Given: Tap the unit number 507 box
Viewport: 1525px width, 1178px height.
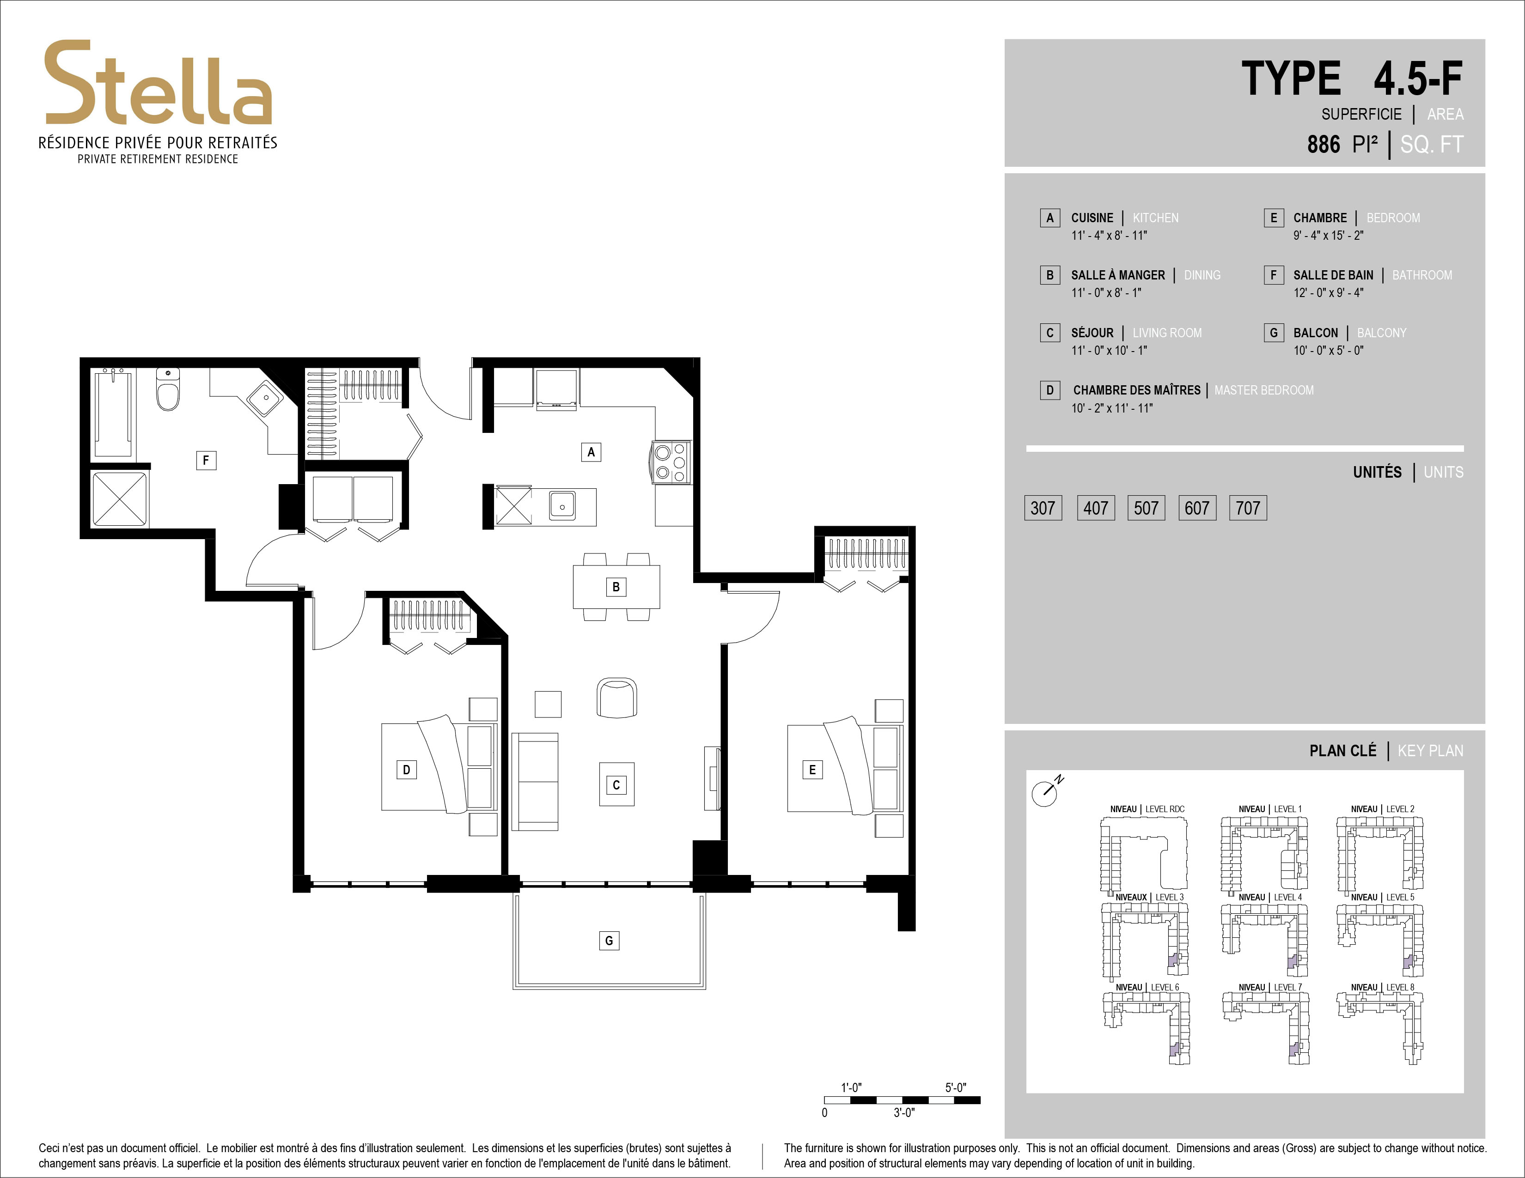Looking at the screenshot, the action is coord(1146,508).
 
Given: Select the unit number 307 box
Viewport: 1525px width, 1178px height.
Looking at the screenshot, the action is coord(1043,508).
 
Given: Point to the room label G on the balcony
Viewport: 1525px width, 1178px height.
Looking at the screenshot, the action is coord(609,941).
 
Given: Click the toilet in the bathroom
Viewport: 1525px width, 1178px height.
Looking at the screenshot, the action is coord(168,389).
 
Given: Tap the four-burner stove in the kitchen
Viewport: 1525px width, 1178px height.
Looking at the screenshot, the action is coord(671,462).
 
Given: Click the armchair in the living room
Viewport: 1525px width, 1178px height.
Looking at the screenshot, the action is coord(616,697).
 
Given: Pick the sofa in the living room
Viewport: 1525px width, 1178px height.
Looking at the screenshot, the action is coord(535,782).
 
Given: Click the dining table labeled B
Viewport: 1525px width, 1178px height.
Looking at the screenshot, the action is coord(616,587).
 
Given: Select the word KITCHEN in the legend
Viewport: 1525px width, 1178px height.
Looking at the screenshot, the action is coord(1156,218).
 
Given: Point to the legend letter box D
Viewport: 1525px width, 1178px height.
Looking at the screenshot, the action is coord(1049,390).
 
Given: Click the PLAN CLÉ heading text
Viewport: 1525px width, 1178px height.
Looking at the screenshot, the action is coord(1343,751).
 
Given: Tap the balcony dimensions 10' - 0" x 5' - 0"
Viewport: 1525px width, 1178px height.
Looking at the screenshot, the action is coord(1328,350).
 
